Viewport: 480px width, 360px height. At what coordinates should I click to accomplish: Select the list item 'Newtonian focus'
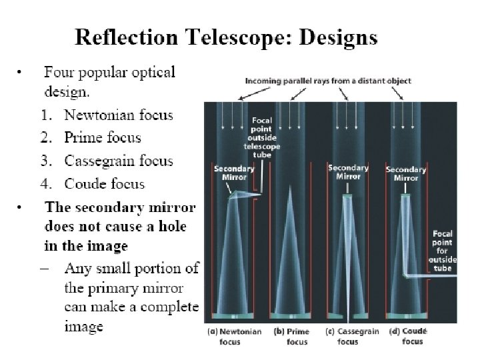118,115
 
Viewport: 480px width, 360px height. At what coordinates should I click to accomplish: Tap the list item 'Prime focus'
103,138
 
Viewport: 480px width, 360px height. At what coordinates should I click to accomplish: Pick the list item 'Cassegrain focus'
118,161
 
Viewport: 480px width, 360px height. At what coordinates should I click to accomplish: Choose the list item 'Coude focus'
104,183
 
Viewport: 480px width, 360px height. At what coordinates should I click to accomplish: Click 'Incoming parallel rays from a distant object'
328,81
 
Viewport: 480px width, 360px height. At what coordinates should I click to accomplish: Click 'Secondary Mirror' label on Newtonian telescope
233,173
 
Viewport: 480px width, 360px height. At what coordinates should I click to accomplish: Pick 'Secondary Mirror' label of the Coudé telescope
407,174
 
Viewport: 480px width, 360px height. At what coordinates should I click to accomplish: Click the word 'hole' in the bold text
169,227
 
